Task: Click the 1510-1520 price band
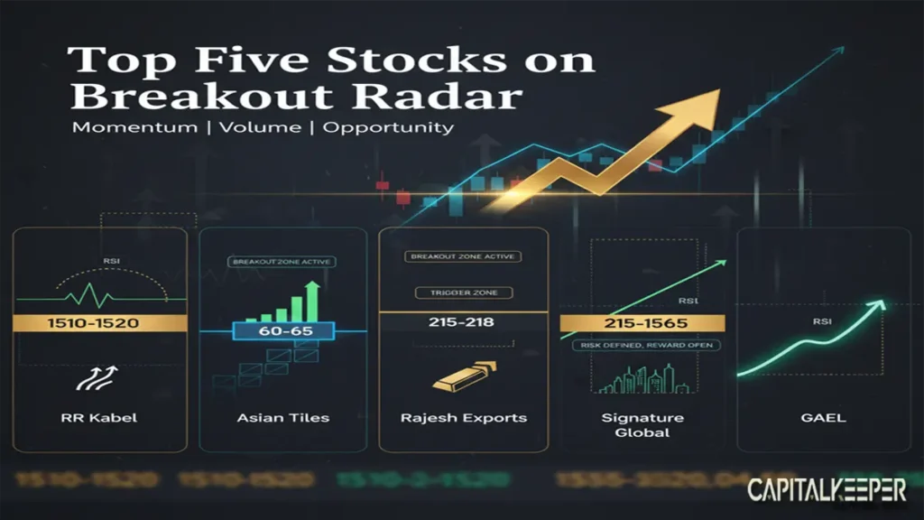[x=99, y=323]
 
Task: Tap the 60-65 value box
[x=284, y=331]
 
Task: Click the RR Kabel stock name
[x=99, y=417]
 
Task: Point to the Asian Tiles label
[x=283, y=417]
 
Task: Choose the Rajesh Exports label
[x=463, y=417]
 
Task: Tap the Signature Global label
[x=642, y=424]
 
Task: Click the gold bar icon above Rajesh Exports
[x=461, y=375]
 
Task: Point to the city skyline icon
[x=642, y=379]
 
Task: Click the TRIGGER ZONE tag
[x=463, y=292]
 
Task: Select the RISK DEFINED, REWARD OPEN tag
[x=642, y=346]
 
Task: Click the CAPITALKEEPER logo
[x=827, y=490]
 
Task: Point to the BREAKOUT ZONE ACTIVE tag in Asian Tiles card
[x=282, y=262]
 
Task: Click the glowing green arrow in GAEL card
[x=812, y=339]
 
